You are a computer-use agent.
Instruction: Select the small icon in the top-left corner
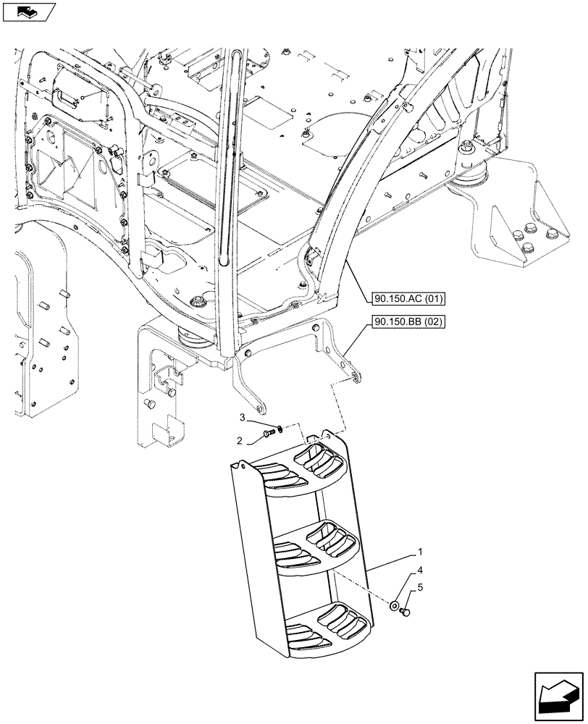pyautogui.click(x=28, y=11)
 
